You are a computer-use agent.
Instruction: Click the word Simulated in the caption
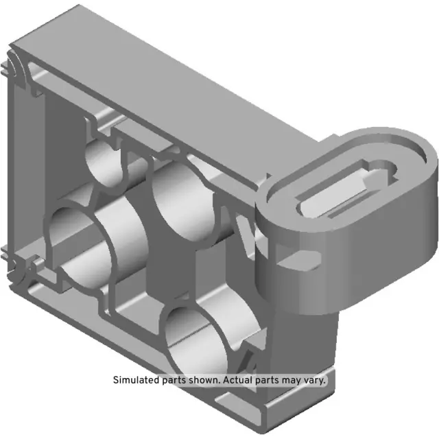click(135, 380)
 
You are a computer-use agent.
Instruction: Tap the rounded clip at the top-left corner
click(15, 69)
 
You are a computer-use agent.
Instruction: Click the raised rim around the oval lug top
click(412, 147)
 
